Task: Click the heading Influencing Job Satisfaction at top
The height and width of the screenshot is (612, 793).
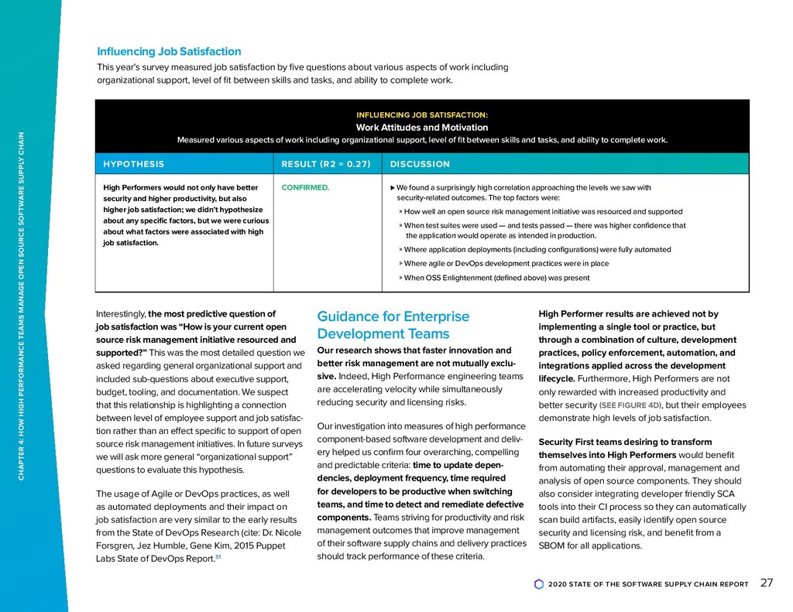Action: [169, 52]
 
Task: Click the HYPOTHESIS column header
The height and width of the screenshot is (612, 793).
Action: [133, 164]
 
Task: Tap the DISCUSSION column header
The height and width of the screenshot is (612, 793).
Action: [420, 164]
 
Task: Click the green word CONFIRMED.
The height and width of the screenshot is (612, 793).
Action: [305, 187]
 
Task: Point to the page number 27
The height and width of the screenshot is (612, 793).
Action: [767, 583]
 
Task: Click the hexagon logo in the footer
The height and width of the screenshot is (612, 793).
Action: [539, 584]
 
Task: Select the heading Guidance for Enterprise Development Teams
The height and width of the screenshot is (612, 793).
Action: [393, 326]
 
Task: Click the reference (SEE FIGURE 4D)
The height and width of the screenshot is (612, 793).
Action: [631, 405]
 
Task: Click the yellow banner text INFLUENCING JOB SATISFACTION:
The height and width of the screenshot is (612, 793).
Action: [421, 115]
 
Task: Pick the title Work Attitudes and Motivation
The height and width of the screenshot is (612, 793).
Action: [421, 128]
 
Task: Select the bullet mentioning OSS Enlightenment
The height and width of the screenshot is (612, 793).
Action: [496, 278]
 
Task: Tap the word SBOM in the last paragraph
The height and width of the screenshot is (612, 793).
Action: [551, 545]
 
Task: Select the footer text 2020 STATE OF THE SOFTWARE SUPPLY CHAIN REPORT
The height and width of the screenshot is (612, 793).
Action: [647, 584]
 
